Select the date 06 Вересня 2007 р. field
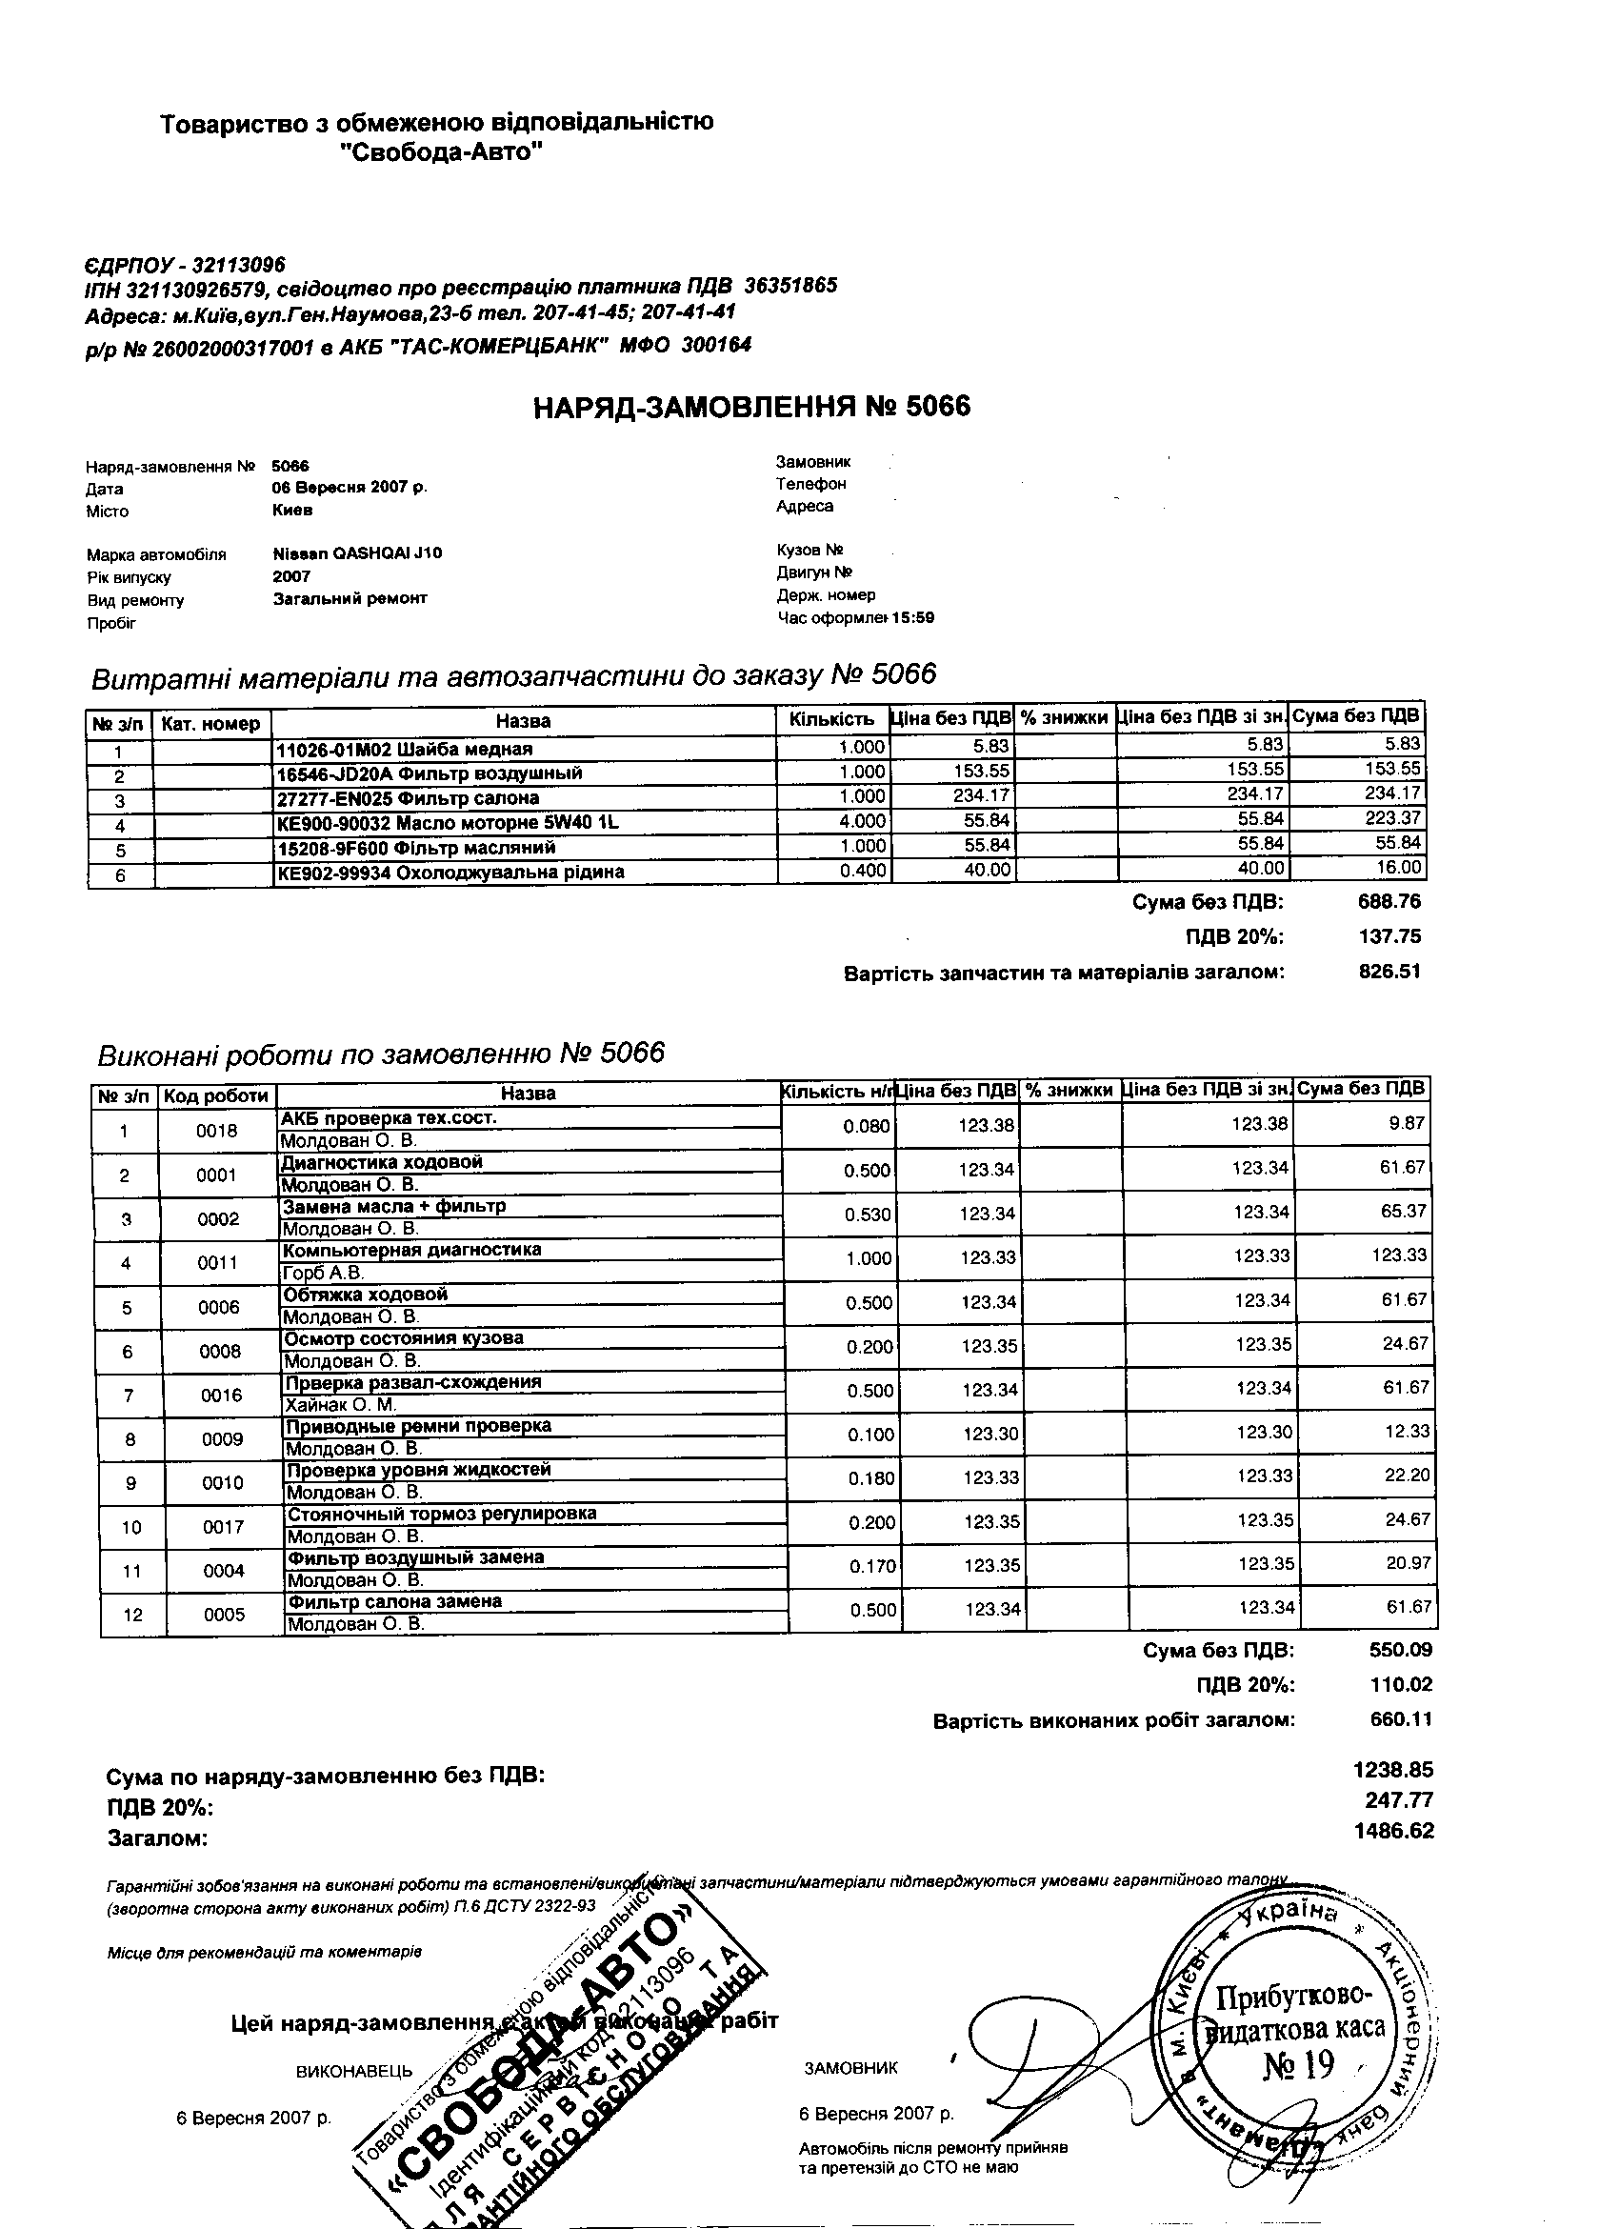point(349,488)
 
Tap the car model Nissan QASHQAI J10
point(356,553)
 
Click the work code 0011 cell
point(218,1263)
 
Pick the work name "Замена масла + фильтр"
point(394,1206)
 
